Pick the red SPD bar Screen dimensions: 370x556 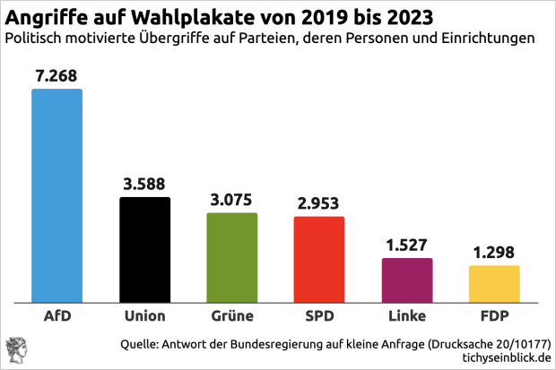click(x=319, y=259)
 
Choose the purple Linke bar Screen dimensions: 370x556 click(x=407, y=280)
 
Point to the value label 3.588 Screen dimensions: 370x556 click(x=144, y=185)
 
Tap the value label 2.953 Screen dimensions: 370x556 click(x=319, y=203)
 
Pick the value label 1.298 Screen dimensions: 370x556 click(x=494, y=253)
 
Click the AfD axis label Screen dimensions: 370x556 click(x=56, y=316)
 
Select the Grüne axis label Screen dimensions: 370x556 click(x=231, y=316)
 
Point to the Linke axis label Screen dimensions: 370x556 click(x=407, y=316)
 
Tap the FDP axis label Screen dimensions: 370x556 click(x=494, y=316)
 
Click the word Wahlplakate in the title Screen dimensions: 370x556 click(x=186, y=17)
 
